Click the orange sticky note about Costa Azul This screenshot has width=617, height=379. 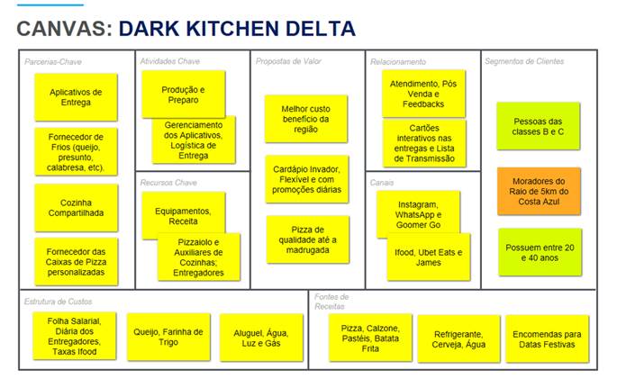(x=538, y=191)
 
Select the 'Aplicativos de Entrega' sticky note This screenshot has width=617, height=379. (x=76, y=96)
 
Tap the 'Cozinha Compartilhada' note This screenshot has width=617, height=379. (x=76, y=208)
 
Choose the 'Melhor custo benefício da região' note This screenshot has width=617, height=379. (x=306, y=118)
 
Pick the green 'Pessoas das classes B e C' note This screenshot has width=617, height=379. (x=538, y=127)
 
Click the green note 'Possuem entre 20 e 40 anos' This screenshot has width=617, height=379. (x=538, y=251)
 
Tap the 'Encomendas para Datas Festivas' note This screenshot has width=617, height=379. (x=548, y=338)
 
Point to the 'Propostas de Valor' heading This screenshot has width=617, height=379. (x=289, y=61)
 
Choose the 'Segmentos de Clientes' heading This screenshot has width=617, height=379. (x=524, y=61)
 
